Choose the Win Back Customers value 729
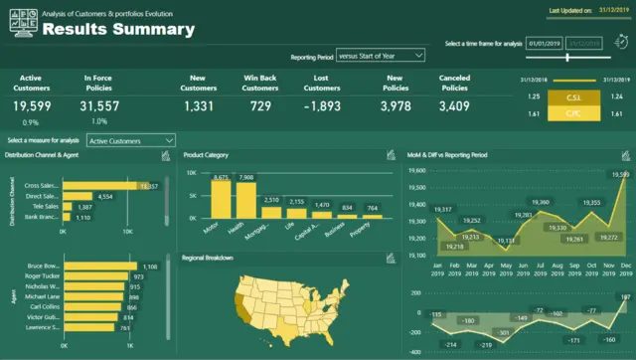tap(260, 106)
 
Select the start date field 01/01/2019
tap(546, 44)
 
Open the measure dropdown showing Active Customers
tap(130, 141)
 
